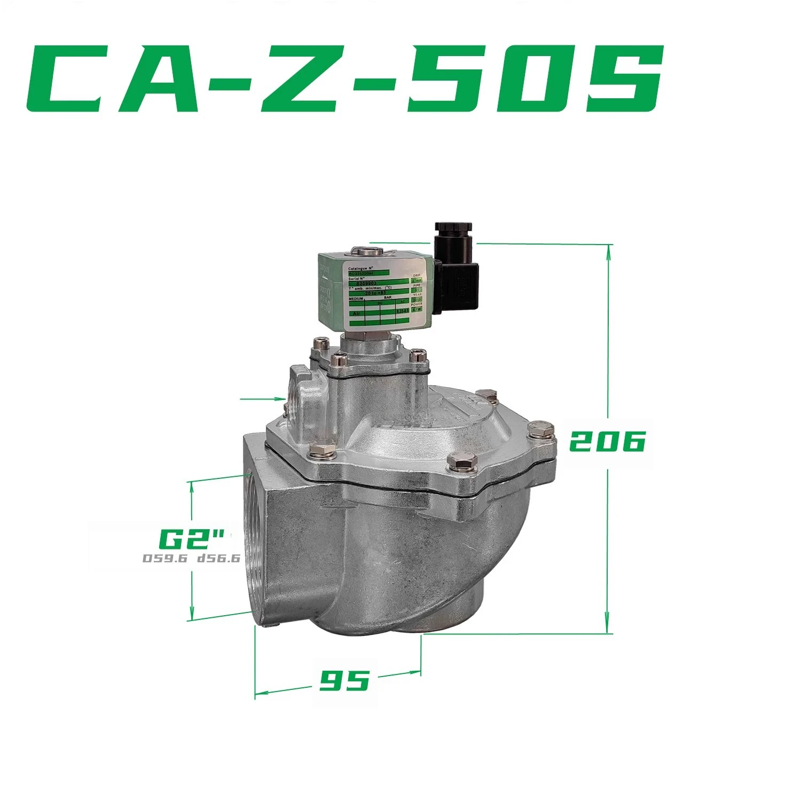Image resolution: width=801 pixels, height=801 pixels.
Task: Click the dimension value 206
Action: (607, 442)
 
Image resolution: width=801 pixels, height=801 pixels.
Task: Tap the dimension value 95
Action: (344, 680)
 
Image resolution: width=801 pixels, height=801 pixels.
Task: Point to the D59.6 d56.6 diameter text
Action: (191, 559)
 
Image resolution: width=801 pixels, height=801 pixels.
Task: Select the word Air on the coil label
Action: (356, 314)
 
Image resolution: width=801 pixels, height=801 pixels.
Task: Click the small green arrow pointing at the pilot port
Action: (279, 398)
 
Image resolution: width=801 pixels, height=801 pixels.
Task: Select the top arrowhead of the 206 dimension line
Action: (608, 250)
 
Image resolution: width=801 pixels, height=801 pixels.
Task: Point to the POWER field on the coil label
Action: (417, 304)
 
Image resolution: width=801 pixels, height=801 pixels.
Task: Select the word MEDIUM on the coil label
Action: (357, 299)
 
